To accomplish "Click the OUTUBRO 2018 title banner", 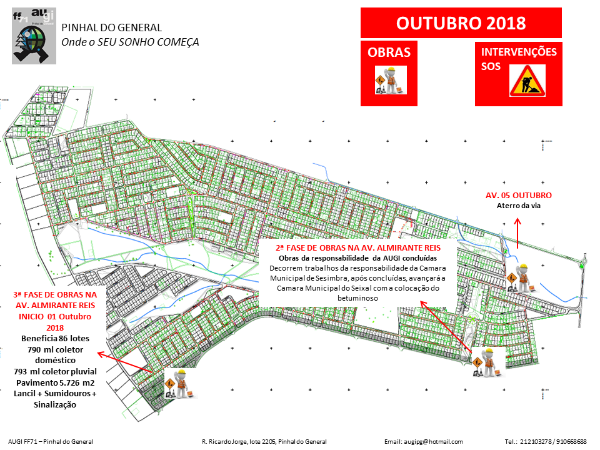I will [461, 23].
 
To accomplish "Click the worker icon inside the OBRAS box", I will [391, 80].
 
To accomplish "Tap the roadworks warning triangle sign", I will [527, 81].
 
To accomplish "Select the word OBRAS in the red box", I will [389, 52].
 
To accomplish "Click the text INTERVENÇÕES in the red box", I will [518, 52].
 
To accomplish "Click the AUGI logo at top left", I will [34, 36].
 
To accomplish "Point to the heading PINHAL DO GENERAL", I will [111, 27].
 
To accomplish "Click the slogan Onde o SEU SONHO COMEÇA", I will [130, 42].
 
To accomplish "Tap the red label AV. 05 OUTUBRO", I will [518, 196].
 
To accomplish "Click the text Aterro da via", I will [518, 206].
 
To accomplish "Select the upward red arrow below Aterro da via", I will [517, 232].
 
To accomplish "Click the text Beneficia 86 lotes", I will [54, 338].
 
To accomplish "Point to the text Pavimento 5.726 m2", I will [54, 382].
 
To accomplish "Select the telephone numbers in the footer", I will [545, 441].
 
